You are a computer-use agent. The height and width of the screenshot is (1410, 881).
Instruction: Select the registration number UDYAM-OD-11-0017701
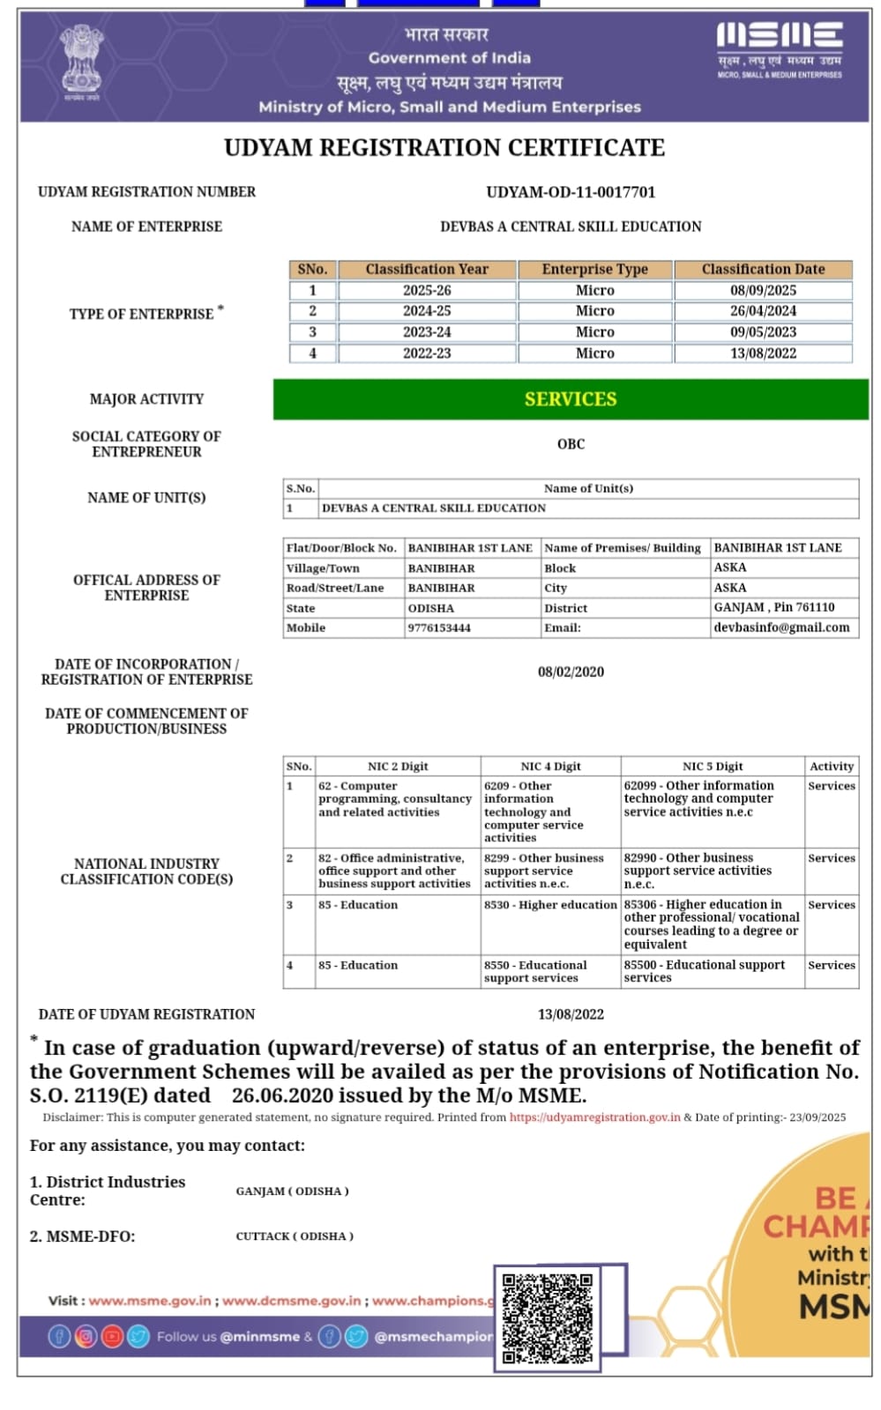click(571, 192)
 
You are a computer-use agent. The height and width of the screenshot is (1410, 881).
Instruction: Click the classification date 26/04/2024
click(763, 311)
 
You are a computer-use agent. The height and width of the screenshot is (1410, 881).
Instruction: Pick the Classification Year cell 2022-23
click(427, 353)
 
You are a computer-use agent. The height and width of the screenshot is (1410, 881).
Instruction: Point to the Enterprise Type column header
click(594, 269)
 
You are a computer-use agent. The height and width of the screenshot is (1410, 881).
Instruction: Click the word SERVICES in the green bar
click(571, 399)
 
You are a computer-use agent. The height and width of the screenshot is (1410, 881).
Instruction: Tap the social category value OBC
click(571, 444)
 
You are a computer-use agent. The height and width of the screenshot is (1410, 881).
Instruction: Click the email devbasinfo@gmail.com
click(781, 627)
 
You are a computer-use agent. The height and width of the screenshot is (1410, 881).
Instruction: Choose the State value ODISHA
click(431, 608)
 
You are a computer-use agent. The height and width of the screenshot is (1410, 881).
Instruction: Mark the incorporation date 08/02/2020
click(571, 672)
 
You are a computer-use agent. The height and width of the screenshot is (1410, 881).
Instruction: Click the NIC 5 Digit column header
click(713, 767)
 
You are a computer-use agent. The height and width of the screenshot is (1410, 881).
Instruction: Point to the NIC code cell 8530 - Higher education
click(550, 905)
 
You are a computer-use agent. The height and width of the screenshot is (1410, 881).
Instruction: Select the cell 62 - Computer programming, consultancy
click(395, 798)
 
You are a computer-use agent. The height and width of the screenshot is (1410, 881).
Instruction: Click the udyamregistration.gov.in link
click(594, 1117)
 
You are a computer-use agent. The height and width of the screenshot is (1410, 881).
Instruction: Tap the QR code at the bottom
click(548, 1317)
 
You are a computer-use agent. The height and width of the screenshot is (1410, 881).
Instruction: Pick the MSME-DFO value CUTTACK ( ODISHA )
click(295, 1236)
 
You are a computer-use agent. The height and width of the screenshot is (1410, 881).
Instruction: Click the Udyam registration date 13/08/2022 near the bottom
click(571, 1014)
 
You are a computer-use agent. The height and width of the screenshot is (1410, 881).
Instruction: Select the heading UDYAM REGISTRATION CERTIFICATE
click(444, 148)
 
